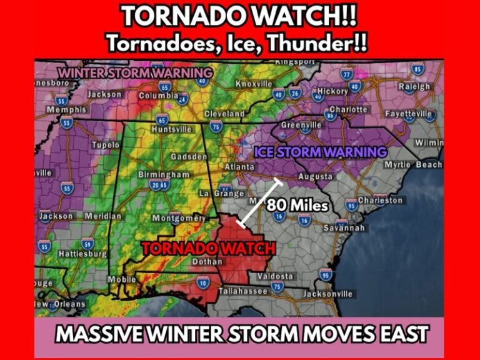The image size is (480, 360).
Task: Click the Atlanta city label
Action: click(x=239, y=167)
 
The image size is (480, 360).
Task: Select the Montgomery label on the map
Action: click(x=179, y=218)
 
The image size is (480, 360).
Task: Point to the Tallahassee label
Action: click(x=243, y=291)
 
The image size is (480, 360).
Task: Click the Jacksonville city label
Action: click(x=327, y=294)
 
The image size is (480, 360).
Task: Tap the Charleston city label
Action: click(x=381, y=201)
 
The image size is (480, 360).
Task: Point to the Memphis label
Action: click(x=66, y=110)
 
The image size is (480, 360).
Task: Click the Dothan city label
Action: click(x=207, y=262)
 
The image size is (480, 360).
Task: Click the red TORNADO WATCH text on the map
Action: click(x=208, y=248)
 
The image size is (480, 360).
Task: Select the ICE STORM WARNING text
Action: click(x=320, y=152)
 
